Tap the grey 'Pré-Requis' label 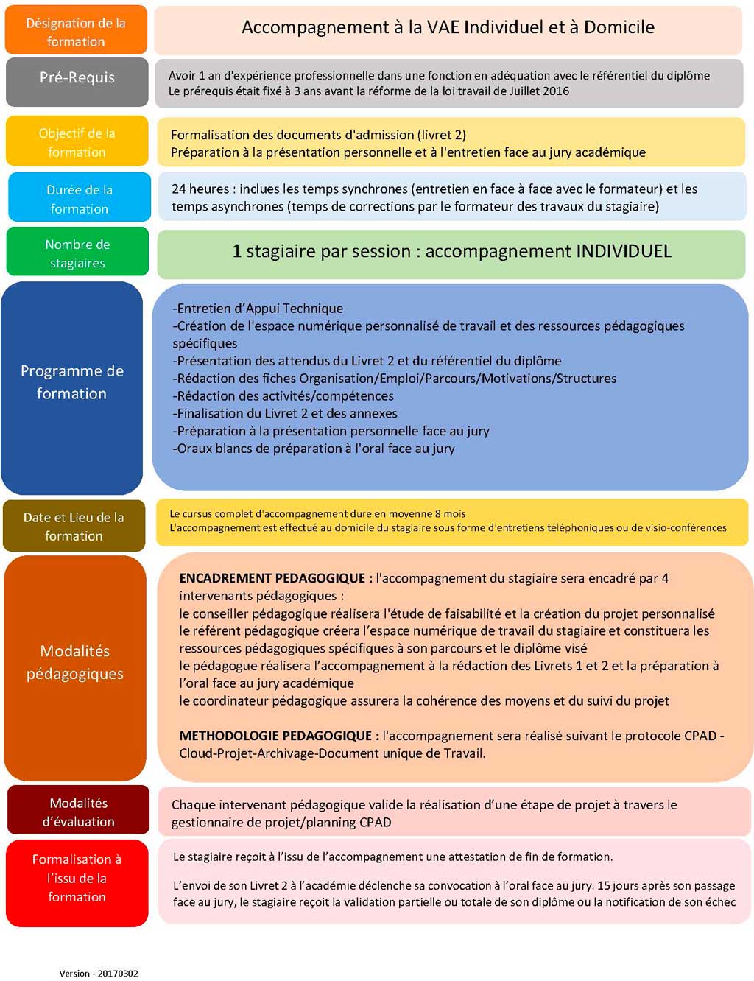click(x=77, y=78)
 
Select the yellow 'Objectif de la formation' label click(x=77, y=143)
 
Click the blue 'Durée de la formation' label click(x=80, y=199)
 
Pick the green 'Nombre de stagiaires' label click(x=77, y=253)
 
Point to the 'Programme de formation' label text click(x=72, y=382)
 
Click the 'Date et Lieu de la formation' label click(x=74, y=527)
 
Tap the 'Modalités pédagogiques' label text click(x=74, y=662)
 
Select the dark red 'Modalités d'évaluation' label click(x=78, y=812)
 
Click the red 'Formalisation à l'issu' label click(x=77, y=878)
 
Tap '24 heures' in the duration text click(x=200, y=189)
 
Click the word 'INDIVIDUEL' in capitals click(x=623, y=251)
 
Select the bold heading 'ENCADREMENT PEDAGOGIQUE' click(x=272, y=578)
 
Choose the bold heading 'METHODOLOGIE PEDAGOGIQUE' click(x=275, y=736)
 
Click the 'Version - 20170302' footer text click(x=99, y=973)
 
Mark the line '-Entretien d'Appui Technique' click(x=258, y=309)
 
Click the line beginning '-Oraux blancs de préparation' click(x=314, y=449)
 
